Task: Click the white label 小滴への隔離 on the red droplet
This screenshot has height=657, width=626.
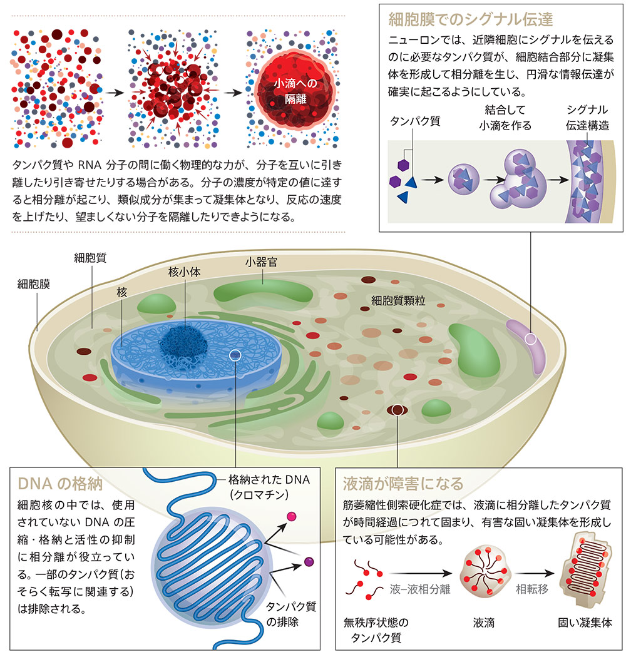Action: [x=295, y=91]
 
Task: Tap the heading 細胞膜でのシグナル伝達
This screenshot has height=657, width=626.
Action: [x=471, y=19]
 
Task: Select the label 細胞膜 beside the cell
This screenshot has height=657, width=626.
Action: [x=34, y=284]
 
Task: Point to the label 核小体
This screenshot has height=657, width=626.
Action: [x=184, y=272]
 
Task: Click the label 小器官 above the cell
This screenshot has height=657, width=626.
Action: [x=261, y=262]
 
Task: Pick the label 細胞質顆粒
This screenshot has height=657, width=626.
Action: [x=398, y=300]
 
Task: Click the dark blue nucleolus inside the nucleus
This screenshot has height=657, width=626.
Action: [x=183, y=347]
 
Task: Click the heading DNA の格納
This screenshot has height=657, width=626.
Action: [x=60, y=484]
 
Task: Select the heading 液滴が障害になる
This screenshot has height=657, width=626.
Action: [x=403, y=484]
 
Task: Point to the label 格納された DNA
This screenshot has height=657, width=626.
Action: [x=269, y=480]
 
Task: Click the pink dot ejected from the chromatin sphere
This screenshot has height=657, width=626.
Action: [x=291, y=516]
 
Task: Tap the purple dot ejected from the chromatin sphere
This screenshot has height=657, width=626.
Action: [x=309, y=562]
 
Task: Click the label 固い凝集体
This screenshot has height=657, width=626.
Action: [x=585, y=623]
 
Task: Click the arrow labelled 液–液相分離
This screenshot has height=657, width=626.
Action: [x=420, y=573]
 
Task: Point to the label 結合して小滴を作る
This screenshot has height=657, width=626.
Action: [x=505, y=118]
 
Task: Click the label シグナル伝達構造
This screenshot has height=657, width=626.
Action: [x=587, y=118]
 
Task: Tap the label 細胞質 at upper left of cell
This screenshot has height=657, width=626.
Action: [x=90, y=257]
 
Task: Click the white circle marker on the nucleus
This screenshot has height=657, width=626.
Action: [x=235, y=355]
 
